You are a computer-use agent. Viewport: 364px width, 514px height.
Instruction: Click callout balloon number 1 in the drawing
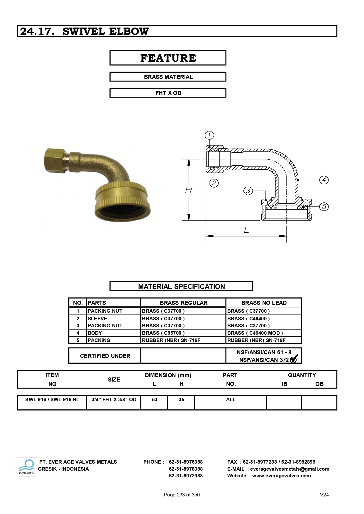pos(209,135)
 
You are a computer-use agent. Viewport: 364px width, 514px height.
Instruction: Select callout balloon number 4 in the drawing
pos(324,180)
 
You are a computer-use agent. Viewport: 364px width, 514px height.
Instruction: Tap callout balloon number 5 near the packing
pos(324,207)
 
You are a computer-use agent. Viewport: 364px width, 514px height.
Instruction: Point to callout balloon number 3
pos(248,191)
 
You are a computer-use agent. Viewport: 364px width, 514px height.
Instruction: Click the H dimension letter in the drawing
pos(189,190)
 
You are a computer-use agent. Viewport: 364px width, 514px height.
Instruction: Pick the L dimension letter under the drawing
pos(246,229)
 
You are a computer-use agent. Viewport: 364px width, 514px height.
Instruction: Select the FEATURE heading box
pos(168,58)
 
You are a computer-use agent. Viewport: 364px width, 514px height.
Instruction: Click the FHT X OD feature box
pos(168,93)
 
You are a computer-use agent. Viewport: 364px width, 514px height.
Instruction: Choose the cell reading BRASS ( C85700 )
pos(163,333)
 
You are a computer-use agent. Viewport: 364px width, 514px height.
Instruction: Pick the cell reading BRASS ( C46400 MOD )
pos(255,333)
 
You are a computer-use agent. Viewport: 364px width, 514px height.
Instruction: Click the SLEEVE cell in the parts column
pos(97,319)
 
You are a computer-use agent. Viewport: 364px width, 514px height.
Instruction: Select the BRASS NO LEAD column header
pos(264,303)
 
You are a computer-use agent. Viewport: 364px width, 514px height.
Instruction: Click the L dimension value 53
pos(155,399)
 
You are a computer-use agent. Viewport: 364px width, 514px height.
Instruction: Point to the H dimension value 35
pos(181,399)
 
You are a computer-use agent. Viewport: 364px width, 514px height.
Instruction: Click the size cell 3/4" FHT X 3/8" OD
pos(114,399)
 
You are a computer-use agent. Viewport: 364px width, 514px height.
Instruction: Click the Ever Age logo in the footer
pos(27,467)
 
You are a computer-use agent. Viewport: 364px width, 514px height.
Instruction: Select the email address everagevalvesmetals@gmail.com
pos(289,469)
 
